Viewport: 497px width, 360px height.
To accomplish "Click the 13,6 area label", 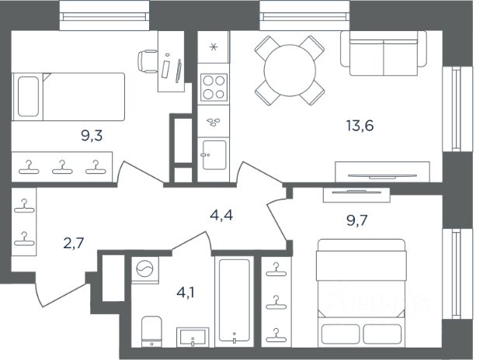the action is pyautogui.click(x=360, y=126).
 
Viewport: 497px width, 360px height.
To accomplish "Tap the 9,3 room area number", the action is pyautogui.click(x=92, y=136).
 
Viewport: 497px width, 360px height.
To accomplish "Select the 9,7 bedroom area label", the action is pyautogui.click(x=357, y=220).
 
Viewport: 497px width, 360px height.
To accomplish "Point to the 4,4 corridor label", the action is pyautogui.click(x=221, y=216).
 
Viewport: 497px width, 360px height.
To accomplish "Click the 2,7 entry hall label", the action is pyautogui.click(x=74, y=243).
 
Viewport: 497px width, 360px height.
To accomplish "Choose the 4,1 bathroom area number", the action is pyautogui.click(x=186, y=292).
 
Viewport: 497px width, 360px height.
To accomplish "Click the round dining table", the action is pyautogui.click(x=290, y=71).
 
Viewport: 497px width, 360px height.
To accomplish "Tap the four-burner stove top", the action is pyautogui.click(x=214, y=87).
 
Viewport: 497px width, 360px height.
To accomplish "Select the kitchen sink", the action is pyautogui.click(x=214, y=155).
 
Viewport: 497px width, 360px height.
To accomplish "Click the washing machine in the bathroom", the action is pyautogui.click(x=145, y=268).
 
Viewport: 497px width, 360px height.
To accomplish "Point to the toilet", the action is pyautogui.click(x=151, y=331).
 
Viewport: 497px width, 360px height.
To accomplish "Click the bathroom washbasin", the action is pyautogui.click(x=193, y=337).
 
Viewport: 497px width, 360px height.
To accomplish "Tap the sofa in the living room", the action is pyautogui.click(x=384, y=54).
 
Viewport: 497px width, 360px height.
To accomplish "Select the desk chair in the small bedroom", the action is pyautogui.click(x=148, y=61).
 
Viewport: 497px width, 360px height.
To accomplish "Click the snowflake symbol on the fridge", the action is pyautogui.click(x=214, y=47).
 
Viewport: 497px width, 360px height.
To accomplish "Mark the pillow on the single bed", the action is pyautogui.click(x=28, y=96).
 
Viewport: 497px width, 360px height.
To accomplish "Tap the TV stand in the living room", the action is pyautogui.click(x=382, y=172).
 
